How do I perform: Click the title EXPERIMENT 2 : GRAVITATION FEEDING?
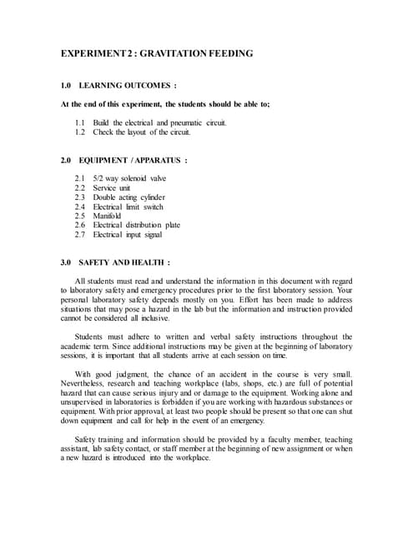click(157, 53)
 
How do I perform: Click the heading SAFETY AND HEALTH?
click(125, 262)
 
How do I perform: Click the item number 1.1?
click(80, 122)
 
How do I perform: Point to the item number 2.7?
click(80, 234)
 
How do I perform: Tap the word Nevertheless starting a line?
click(88, 383)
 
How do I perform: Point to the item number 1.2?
click(80, 132)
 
